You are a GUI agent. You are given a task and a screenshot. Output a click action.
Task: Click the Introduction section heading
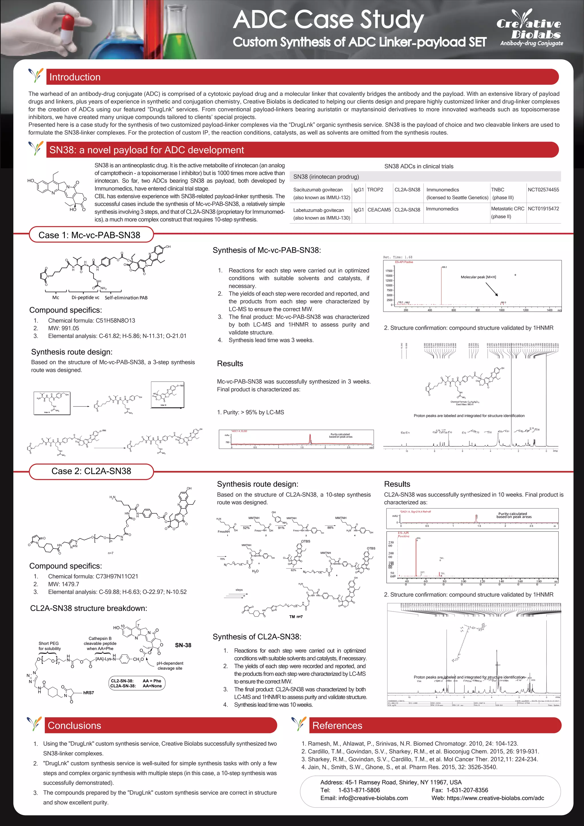(75, 77)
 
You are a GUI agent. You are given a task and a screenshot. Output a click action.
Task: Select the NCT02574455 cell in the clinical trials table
(543, 190)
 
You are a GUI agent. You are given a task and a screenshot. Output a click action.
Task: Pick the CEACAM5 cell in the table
(379, 209)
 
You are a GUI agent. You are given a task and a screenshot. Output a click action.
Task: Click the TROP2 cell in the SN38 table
(375, 190)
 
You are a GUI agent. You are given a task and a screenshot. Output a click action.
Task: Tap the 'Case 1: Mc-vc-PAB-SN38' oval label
(90, 235)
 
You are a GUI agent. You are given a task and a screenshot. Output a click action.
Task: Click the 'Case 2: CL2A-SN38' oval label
(91, 471)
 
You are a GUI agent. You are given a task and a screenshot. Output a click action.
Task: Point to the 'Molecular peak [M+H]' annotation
(478, 277)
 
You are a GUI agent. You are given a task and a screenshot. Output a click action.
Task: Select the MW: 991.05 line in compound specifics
(63, 328)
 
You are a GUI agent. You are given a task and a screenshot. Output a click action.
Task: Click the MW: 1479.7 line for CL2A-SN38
(63, 584)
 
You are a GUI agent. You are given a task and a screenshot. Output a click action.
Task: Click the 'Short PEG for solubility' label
(49, 646)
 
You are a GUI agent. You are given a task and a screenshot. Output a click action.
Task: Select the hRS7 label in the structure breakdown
(88, 693)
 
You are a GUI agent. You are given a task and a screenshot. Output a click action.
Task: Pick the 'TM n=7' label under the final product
(296, 617)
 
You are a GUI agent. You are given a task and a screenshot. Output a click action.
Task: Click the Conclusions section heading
(74, 726)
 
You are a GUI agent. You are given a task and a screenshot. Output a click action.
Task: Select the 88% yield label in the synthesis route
(330, 528)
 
